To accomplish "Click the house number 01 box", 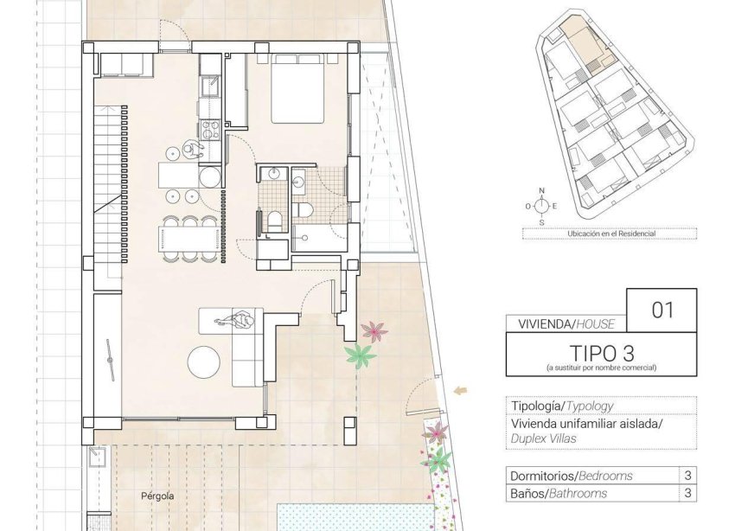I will [661, 310].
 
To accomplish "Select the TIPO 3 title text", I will [600, 353].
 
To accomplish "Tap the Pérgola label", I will [158, 496].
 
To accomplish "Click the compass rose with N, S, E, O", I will [541, 206].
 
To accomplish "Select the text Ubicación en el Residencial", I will [610, 234].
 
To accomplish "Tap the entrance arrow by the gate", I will [461, 391].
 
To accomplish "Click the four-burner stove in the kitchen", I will [210, 129].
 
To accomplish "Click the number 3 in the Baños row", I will [687, 494].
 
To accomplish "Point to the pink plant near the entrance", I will [374, 330].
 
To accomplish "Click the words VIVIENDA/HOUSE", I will [566, 324].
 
